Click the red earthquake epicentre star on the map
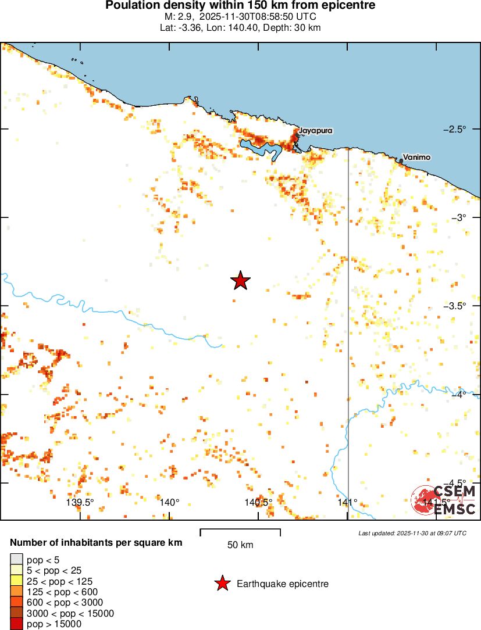point(240,281)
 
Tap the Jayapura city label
point(315,131)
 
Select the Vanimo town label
point(416,157)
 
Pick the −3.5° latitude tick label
point(463,306)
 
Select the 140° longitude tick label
point(169,502)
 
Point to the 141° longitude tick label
point(347,502)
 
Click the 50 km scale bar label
point(240,545)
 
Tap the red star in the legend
point(222,584)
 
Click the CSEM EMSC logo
point(444,499)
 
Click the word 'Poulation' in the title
point(131,5)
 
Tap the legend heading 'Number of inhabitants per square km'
point(97,543)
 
